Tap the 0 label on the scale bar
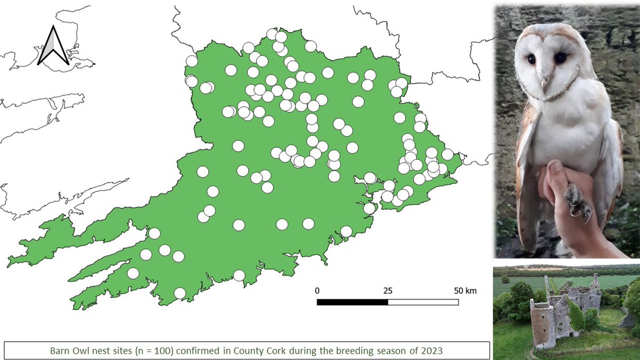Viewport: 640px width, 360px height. (x=317, y=291)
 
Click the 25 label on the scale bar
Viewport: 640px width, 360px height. (x=388, y=291)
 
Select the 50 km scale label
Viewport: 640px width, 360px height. (x=464, y=291)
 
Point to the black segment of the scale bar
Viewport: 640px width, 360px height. (x=353, y=302)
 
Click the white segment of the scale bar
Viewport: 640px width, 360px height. (x=423, y=302)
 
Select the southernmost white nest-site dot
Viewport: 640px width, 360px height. (x=180, y=293)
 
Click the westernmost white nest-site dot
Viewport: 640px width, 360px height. (x=133, y=273)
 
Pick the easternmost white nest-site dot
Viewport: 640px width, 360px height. (x=447, y=154)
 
